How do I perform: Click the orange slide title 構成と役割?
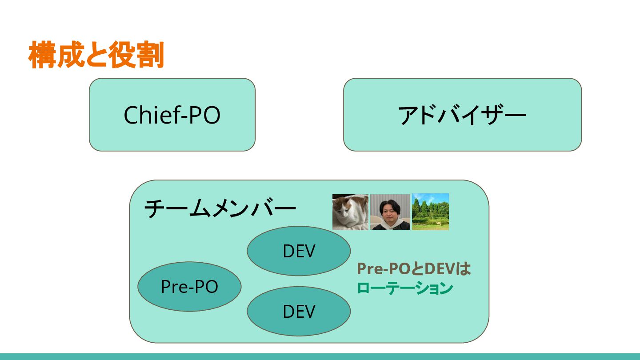96,55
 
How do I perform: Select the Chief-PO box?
172,115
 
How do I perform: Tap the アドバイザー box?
462,115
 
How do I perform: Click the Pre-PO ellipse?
189,286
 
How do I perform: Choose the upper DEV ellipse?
299,251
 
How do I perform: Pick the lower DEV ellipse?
299,311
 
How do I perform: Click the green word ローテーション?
405,288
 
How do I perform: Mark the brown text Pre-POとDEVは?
414,269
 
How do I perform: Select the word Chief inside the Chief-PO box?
149,115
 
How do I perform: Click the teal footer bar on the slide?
320,356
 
